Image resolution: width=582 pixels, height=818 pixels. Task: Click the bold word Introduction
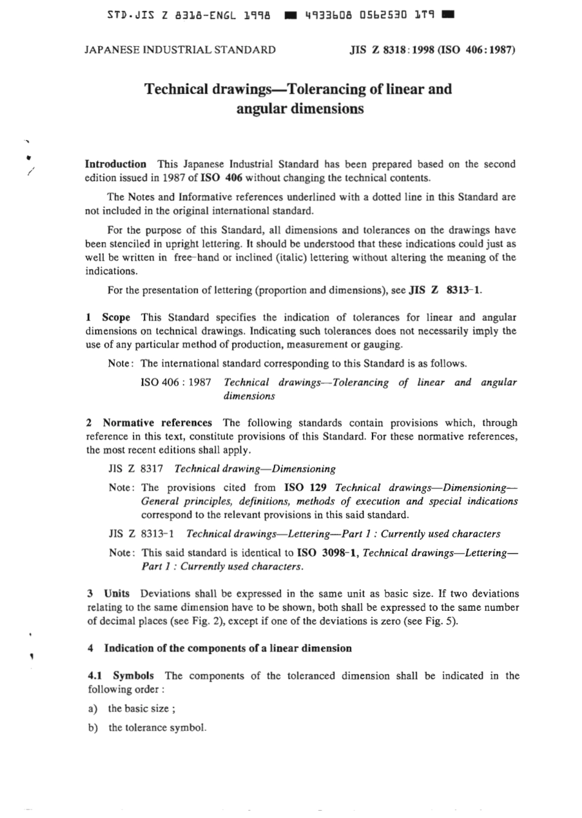pos(115,164)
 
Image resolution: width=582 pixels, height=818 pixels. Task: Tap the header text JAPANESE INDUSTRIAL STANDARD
pos(180,50)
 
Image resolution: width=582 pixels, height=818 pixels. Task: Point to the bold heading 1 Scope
pos(108,318)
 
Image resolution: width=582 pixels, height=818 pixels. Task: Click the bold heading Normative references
pos(157,422)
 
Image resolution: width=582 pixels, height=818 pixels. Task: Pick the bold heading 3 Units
pos(109,594)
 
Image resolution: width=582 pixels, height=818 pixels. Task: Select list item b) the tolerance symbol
pos(147,728)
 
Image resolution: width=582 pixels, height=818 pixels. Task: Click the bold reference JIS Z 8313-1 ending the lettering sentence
pos(445,290)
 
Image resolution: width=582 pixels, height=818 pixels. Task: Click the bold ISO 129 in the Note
pos(305,487)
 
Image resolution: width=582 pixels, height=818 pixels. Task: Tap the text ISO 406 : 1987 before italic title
pos(176,383)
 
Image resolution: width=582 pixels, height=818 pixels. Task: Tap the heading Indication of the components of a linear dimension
pos(228,648)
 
